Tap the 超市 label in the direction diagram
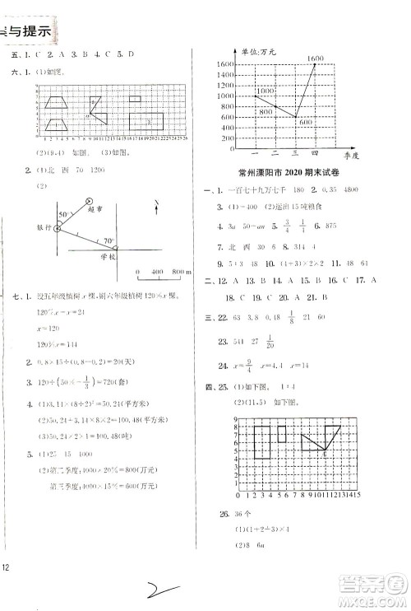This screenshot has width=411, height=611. click(x=95, y=211)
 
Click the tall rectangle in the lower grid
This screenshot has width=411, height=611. click(x=262, y=442)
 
